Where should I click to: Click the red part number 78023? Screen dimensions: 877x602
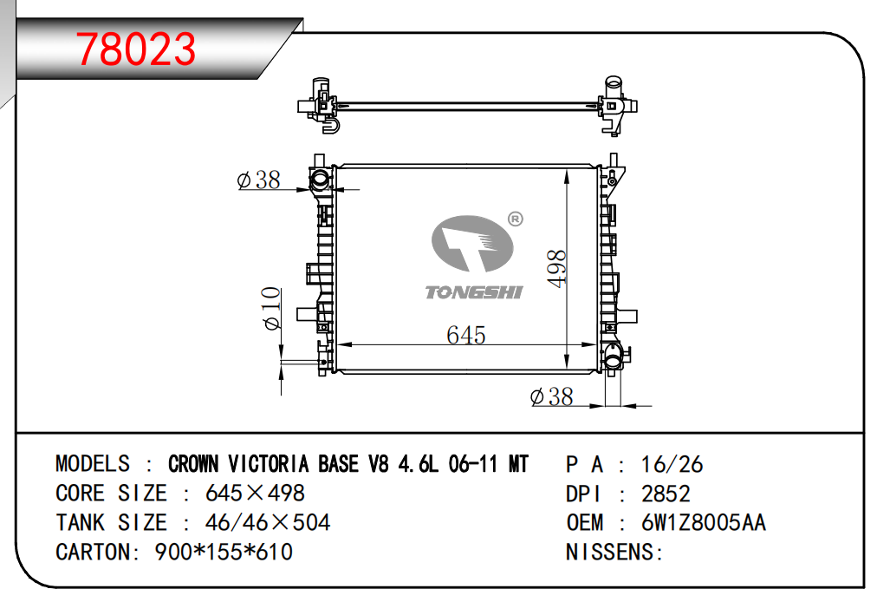[136, 49]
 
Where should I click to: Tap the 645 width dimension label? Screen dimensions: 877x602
[466, 335]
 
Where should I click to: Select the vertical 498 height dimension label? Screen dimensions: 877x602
[557, 269]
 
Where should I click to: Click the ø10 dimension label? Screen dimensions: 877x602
[271, 308]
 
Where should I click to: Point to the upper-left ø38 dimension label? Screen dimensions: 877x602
[258, 180]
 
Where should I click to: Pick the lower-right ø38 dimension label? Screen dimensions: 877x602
[551, 396]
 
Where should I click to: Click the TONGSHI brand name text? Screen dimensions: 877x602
[474, 292]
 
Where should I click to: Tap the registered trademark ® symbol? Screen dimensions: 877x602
[515, 219]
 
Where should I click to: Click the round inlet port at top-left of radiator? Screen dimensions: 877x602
[321, 180]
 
